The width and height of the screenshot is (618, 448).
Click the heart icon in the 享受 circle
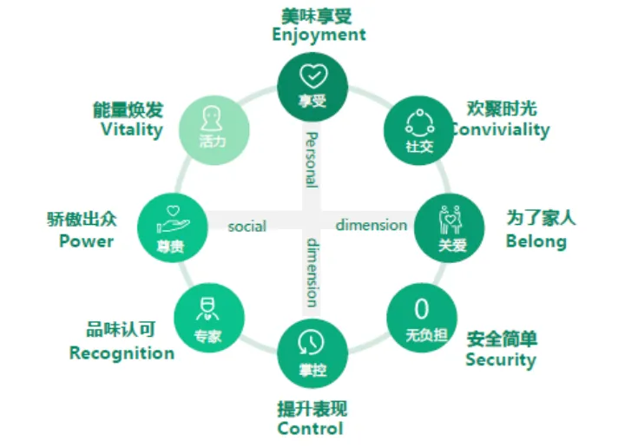(312, 76)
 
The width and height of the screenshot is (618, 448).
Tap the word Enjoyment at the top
(319, 35)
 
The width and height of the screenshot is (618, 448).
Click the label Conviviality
(501, 129)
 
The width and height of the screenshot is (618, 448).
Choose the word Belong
(536, 240)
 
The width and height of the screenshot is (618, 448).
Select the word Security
(500, 359)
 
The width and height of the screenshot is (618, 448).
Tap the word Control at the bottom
(310, 428)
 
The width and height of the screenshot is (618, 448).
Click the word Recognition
(122, 352)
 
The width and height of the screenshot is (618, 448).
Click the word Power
(86, 240)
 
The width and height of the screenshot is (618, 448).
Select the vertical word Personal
(312, 159)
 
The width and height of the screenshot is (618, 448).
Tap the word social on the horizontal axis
(247, 227)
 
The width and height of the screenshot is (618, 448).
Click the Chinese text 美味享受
(318, 16)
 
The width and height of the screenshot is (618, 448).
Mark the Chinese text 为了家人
(541, 218)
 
